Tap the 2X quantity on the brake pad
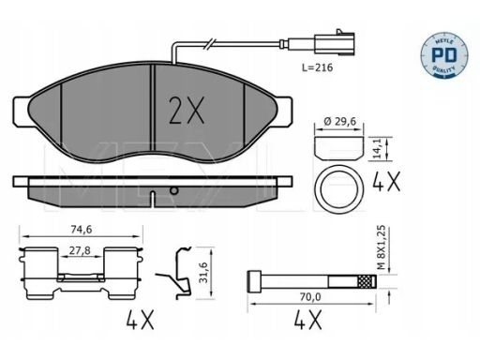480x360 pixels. [187, 110]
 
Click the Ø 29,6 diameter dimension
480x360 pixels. [340, 121]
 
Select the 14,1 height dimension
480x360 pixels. [378, 149]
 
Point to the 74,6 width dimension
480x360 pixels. [82, 230]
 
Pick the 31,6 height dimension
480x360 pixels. [203, 273]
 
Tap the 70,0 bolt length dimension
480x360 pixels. [310, 297]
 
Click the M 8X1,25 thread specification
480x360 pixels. [381, 247]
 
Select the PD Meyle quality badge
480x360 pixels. [443, 55]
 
